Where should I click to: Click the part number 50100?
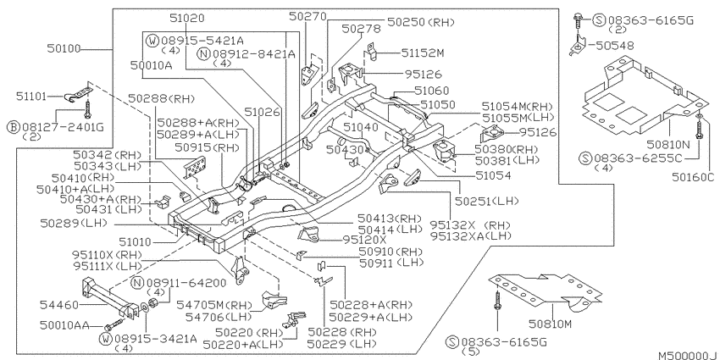[x=64, y=48]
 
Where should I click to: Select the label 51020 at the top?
[x=187, y=19]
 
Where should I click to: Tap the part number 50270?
[x=307, y=17]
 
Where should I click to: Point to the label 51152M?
[x=423, y=53]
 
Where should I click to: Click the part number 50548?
[x=612, y=46]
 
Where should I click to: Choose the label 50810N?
[x=668, y=145]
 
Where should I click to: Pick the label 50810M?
[x=550, y=324]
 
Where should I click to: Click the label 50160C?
[x=694, y=177]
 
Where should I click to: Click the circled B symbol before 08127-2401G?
[x=13, y=126]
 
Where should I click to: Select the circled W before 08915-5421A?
[x=152, y=41]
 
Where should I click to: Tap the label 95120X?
[x=365, y=240]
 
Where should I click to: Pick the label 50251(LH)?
[x=487, y=201]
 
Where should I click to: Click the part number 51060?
[x=432, y=91]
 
